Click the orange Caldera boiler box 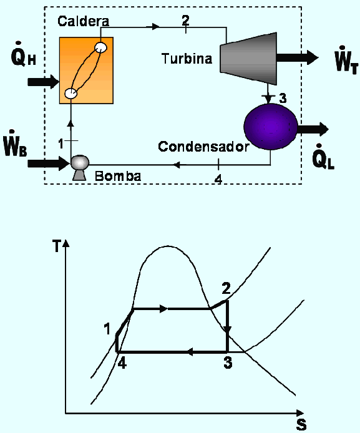point(86,71)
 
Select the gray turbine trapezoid point(248,59)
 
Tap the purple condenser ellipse point(271,127)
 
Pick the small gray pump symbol point(80,168)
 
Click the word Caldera point(84,21)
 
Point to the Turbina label point(187,59)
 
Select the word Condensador point(204,147)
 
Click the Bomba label point(118,176)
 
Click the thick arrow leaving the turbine point(298,58)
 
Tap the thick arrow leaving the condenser point(313,129)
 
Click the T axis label point(57,246)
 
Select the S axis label point(301,424)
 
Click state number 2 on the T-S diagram point(226,288)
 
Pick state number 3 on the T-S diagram point(228,362)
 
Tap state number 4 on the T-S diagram point(122,362)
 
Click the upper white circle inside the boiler point(101,47)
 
